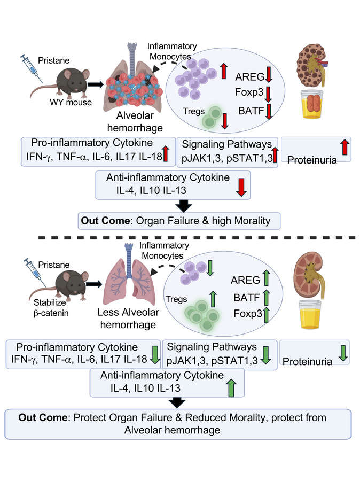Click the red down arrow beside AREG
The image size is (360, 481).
tap(269, 78)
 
